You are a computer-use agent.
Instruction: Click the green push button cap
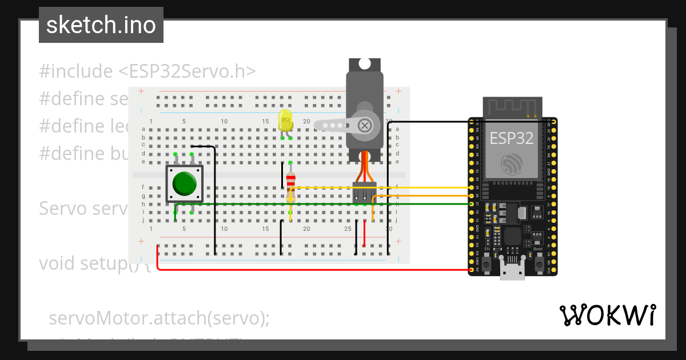click(x=185, y=183)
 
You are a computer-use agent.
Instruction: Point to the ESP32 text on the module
click(x=511, y=137)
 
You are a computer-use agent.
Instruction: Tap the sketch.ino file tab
click(x=101, y=25)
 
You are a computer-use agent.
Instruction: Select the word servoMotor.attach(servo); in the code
click(x=159, y=318)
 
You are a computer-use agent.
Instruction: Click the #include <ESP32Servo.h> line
click(x=147, y=71)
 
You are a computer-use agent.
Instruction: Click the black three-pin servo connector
click(x=364, y=193)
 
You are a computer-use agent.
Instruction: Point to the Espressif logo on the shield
click(x=511, y=164)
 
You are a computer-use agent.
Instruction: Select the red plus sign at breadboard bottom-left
click(x=141, y=242)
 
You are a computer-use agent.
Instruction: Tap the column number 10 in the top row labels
click(x=224, y=121)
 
